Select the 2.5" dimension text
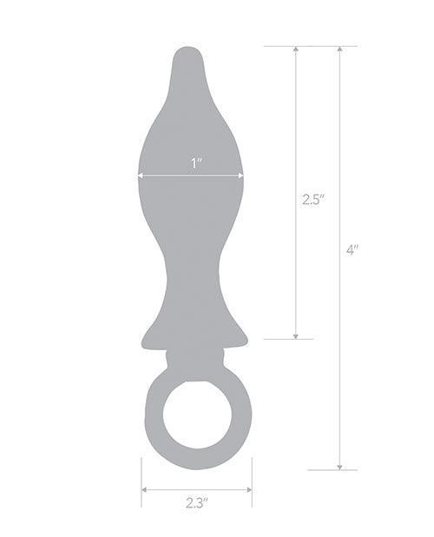tap(312, 199)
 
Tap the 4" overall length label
tap(352, 249)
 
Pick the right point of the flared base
tap(248, 344)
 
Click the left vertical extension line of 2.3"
tap(141, 482)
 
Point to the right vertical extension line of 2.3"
tap(252, 482)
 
